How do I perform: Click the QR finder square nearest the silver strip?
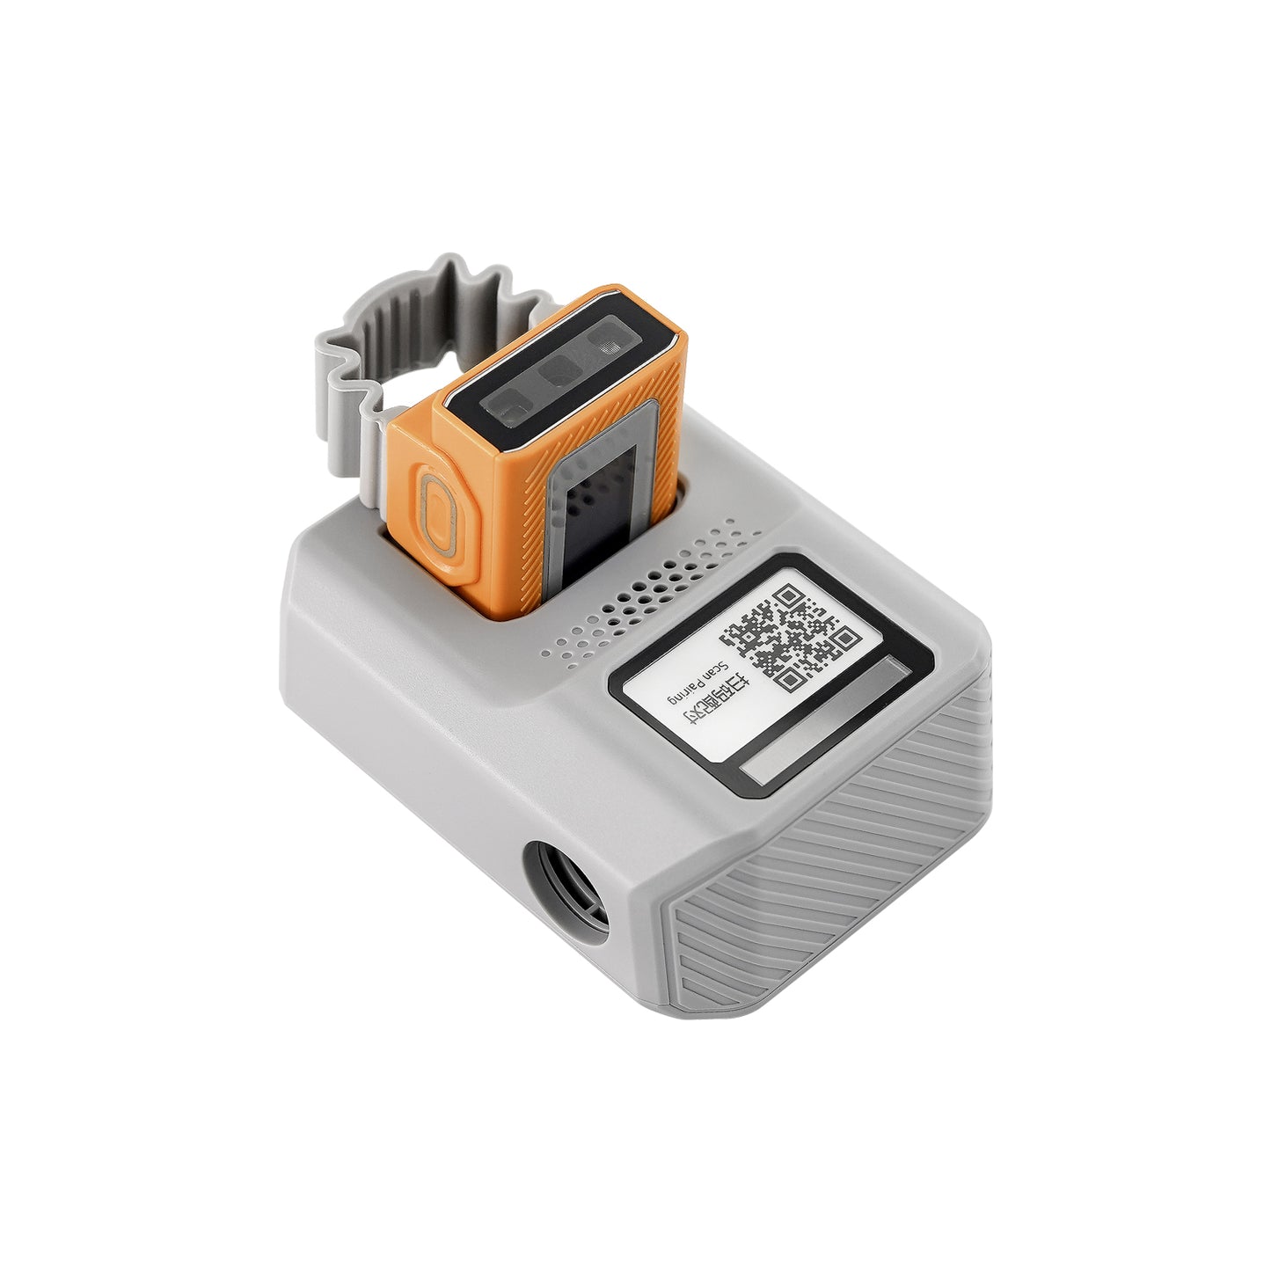coord(842,638)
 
